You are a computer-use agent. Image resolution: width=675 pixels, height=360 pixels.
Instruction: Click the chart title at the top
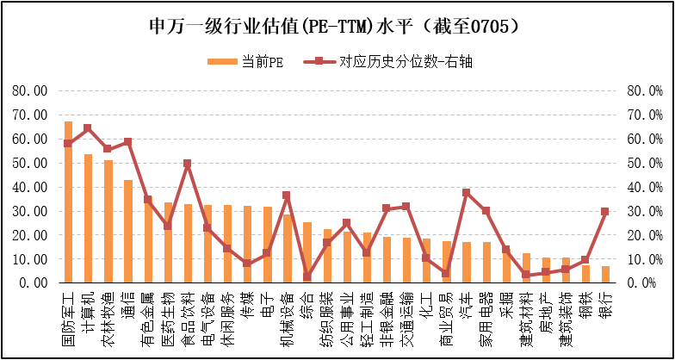point(337,25)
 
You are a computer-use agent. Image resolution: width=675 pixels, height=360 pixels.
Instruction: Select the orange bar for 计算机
point(88,219)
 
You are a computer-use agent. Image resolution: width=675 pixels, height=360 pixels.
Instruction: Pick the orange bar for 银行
point(605,274)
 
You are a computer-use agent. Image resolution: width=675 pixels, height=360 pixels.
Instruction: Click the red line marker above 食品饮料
point(188,163)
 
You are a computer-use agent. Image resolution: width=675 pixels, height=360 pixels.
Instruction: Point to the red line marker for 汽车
point(466,192)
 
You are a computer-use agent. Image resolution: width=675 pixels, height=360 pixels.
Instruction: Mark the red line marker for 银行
point(605,211)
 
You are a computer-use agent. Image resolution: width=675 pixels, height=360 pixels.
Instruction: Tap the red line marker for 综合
point(307,276)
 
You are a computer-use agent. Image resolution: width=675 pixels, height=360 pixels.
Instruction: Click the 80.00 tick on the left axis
point(29,90)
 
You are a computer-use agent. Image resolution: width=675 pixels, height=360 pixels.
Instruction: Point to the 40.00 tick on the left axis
point(29,187)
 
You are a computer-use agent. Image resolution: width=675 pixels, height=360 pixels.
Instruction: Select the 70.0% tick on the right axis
point(645,115)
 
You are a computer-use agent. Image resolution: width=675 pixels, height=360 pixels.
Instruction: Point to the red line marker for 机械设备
point(287,196)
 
